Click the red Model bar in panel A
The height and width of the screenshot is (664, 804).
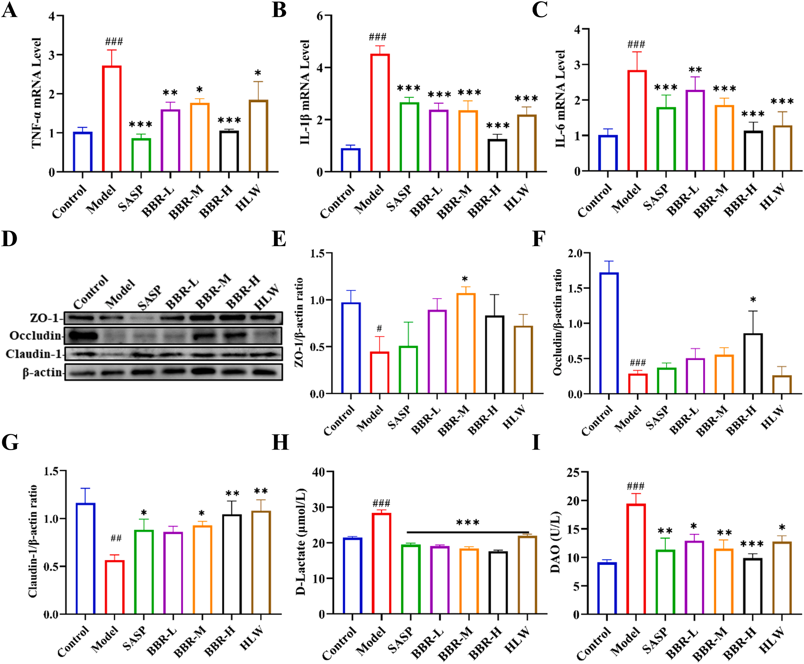pyautogui.click(x=112, y=119)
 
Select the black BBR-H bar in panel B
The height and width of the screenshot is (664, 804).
pyautogui.click(x=497, y=155)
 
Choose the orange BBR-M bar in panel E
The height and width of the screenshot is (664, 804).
pyautogui.click(x=466, y=343)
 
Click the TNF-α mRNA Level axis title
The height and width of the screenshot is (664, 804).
pyautogui.click(x=36, y=93)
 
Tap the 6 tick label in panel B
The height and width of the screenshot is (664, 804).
pyautogui.click(x=320, y=16)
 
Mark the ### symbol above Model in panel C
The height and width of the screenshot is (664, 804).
pyautogui.click(x=636, y=44)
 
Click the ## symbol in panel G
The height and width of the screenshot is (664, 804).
pyautogui.click(x=116, y=538)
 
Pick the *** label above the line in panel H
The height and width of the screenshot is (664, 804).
pyautogui.click(x=468, y=522)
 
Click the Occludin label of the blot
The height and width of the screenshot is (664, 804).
pyautogui.click(x=36, y=336)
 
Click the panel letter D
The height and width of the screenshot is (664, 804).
pyautogui.click(x=9, y=239)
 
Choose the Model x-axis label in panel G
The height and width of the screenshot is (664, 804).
pyautogui.click(x=104, y=639)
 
